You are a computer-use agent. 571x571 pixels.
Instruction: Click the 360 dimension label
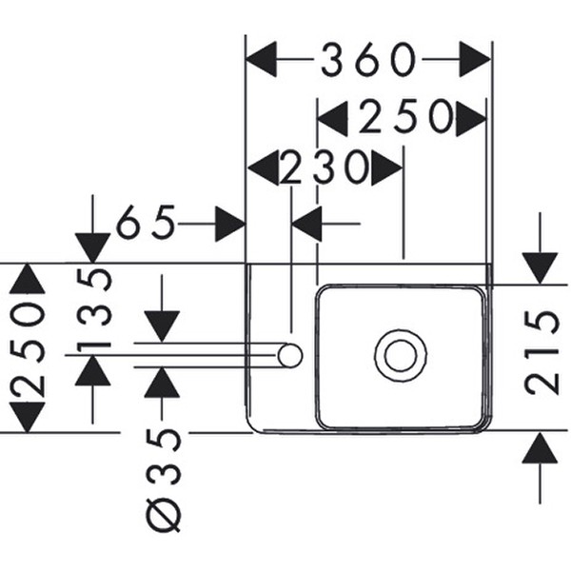(x=368, y=60)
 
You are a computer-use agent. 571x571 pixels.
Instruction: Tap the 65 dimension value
(x=147, y=225)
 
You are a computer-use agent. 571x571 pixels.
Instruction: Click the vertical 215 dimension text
(x=541, y=352)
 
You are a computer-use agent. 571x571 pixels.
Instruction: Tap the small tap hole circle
(x=289, y=357)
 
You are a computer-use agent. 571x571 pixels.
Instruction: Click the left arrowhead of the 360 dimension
(x=262, y=61)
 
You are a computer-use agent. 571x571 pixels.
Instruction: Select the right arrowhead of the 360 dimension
(x=474, y=61)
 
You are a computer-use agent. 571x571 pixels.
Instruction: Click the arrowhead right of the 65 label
(x=229, y=225)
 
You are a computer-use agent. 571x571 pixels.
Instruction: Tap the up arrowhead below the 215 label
(x=540, y=447)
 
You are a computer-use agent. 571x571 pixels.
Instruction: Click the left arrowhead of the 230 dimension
(x=263, y=168)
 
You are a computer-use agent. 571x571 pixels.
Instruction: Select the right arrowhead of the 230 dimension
(x=387, y=168)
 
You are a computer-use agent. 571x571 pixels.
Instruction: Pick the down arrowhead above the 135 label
(x=92, y=247)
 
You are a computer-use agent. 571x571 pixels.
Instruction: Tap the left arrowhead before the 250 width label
(x=331, y=119)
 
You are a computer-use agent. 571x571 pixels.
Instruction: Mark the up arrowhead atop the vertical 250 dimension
(x=28, y=279)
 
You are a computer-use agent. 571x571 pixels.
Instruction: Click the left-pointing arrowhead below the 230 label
(x=306, y=226)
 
